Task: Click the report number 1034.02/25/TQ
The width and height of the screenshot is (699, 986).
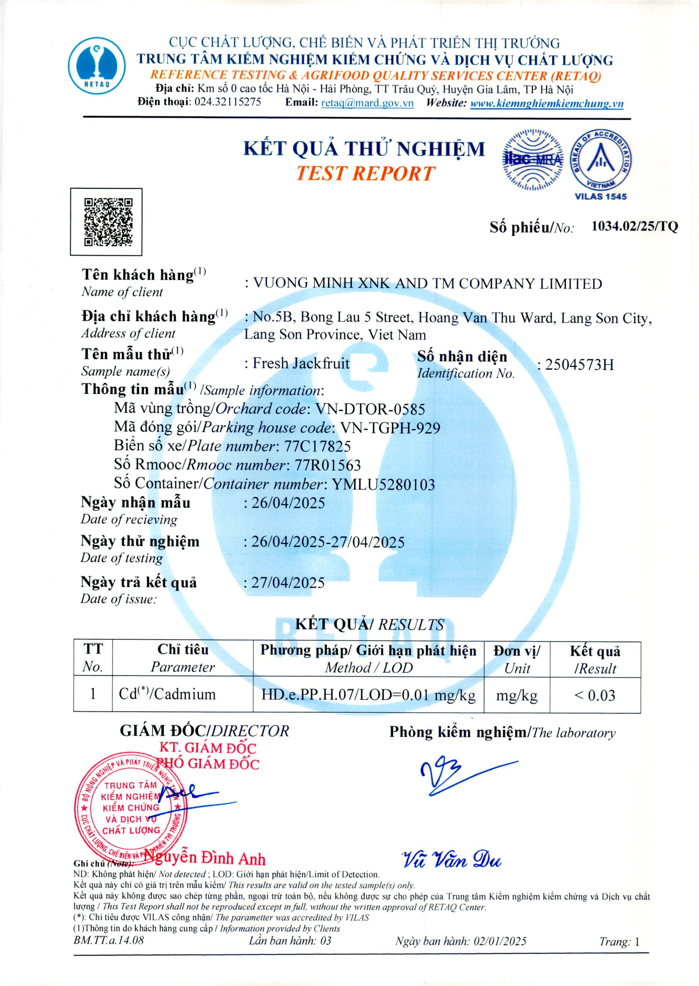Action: pos(635,226)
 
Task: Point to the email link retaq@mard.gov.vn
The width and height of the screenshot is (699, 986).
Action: pos(367,103)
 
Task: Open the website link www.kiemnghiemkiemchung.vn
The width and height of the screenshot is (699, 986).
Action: pos(546,103)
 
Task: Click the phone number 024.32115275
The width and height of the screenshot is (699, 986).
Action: pos(228,102)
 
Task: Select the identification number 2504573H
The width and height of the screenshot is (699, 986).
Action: pos(579,365)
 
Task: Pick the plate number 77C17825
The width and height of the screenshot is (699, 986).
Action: pos(317,446)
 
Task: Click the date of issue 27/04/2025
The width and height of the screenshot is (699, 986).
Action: pos(288,583)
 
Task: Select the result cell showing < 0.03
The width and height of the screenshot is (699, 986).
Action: pos(595,696)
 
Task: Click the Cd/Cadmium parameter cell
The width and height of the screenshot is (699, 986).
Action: pos(168,694)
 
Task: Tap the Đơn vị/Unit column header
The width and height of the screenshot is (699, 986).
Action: pos(516,659)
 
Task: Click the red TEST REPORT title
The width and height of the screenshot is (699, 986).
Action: pos(365,173)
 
